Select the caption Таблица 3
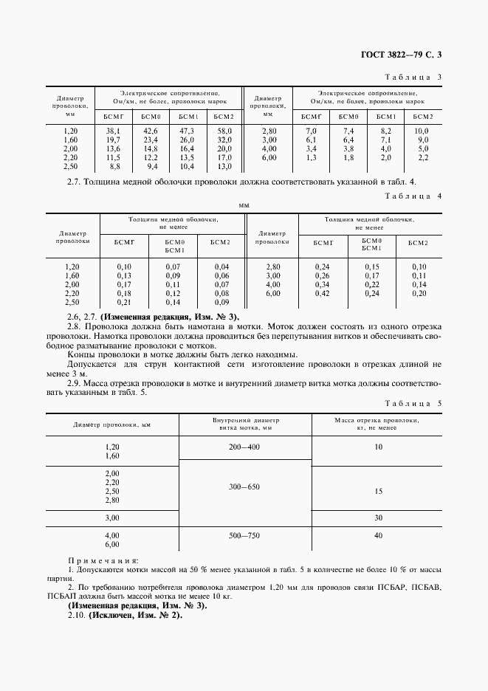pyautogui.click(x=413, y=77)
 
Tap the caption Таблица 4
pyautogui.click(x=413, y=196)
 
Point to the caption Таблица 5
pyautogui.click(x=413, y=403)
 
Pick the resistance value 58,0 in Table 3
pyautogui.click(x=224, y=131)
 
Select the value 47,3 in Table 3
pyautogui.click(x=187, y=131)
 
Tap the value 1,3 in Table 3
pyautogui.click(x=311, y=158)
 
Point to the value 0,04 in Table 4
pyautogui.click(x=221, y=267)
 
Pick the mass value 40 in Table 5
pyautogui.click(x=379, y=534)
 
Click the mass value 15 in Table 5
pyautogui.click(x=379, y=491)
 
